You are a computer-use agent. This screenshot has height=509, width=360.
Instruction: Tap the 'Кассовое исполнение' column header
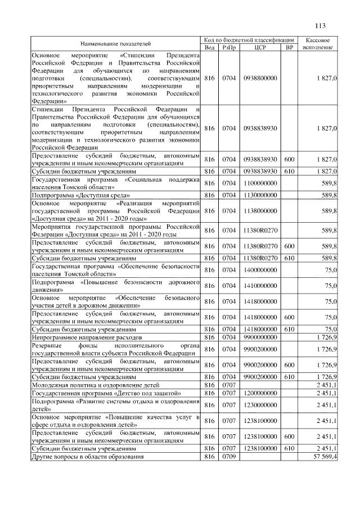(x=320, y=44)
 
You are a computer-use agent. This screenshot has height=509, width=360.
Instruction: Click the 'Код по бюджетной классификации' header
(x=250, y=40)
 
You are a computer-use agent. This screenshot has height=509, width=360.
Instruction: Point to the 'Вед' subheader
(x=210, y=48)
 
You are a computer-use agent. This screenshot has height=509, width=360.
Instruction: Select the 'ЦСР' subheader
(x=260, y=48)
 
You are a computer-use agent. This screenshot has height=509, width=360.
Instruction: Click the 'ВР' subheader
(x=290, y=48)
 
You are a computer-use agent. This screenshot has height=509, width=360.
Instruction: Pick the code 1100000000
(x=260, y=183)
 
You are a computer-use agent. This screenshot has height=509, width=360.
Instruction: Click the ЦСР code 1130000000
(x=260, y=195)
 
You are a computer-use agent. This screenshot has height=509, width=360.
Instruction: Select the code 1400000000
(x=260, y=269)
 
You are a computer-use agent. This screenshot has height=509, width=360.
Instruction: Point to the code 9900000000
(x=260, y=336)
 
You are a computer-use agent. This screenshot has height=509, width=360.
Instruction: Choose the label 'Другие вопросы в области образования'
(x=87, y=457)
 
